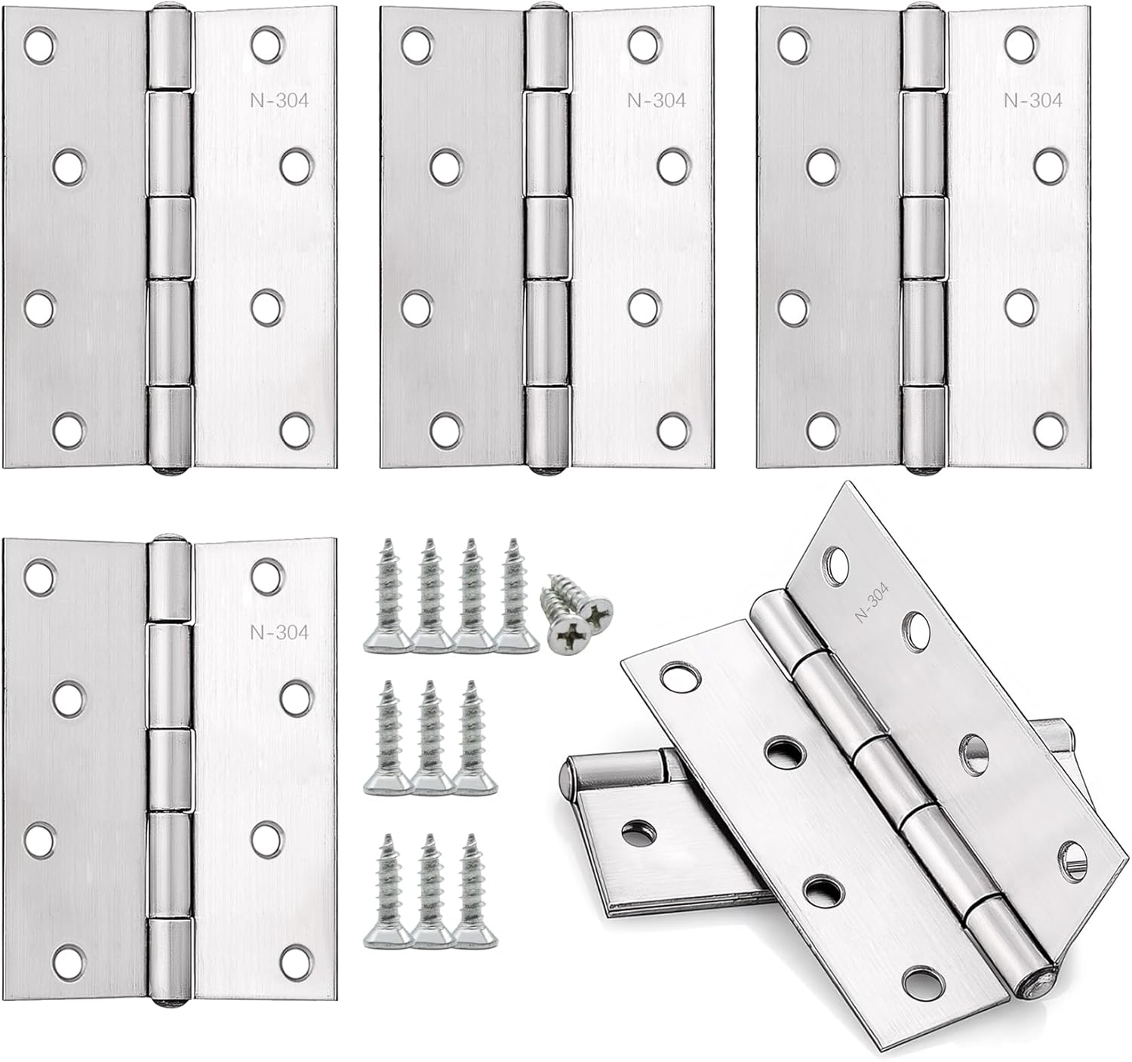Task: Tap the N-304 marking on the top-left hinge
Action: tap(279, 100)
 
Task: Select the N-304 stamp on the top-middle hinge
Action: tap(657, 100)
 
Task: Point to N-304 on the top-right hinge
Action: tap(1033, 100)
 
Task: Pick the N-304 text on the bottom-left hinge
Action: tap(279, 633)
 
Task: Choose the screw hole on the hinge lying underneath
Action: tap(636, 831)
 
